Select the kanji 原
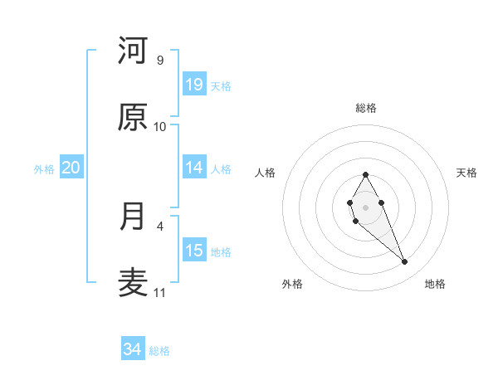pyautogui.click(x=133, y=118)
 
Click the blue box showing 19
pyautogui.click(x=194, y=85)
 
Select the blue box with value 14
pyautogui.click(x=194, y=168)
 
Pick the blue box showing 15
pyautogui.click(x=194, y=251)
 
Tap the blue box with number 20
pyautogui.click(x=71, y=168)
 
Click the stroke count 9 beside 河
pyautogui.click(x=160, y=61)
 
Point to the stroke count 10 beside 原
pyautogui.click(x=160, y=127)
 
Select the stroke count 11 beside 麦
pyautogui.click(x=160, y=293)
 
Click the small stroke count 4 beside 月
pyautogui.click(x=160, y=225)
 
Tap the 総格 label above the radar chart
pyautogui.click(x=366, y=108)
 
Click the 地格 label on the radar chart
pyautogui.click(x=435, y=285)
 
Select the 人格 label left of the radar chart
pyautogui.click(x=266, y=173)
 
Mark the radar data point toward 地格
pyautogui.click(x=405, y=262)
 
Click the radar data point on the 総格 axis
pyautogui.click(x=365, y=174)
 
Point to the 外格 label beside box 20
pyautogui.click(x=44, y=169)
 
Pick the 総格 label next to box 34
pyautogui.click(x=159, y=352)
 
